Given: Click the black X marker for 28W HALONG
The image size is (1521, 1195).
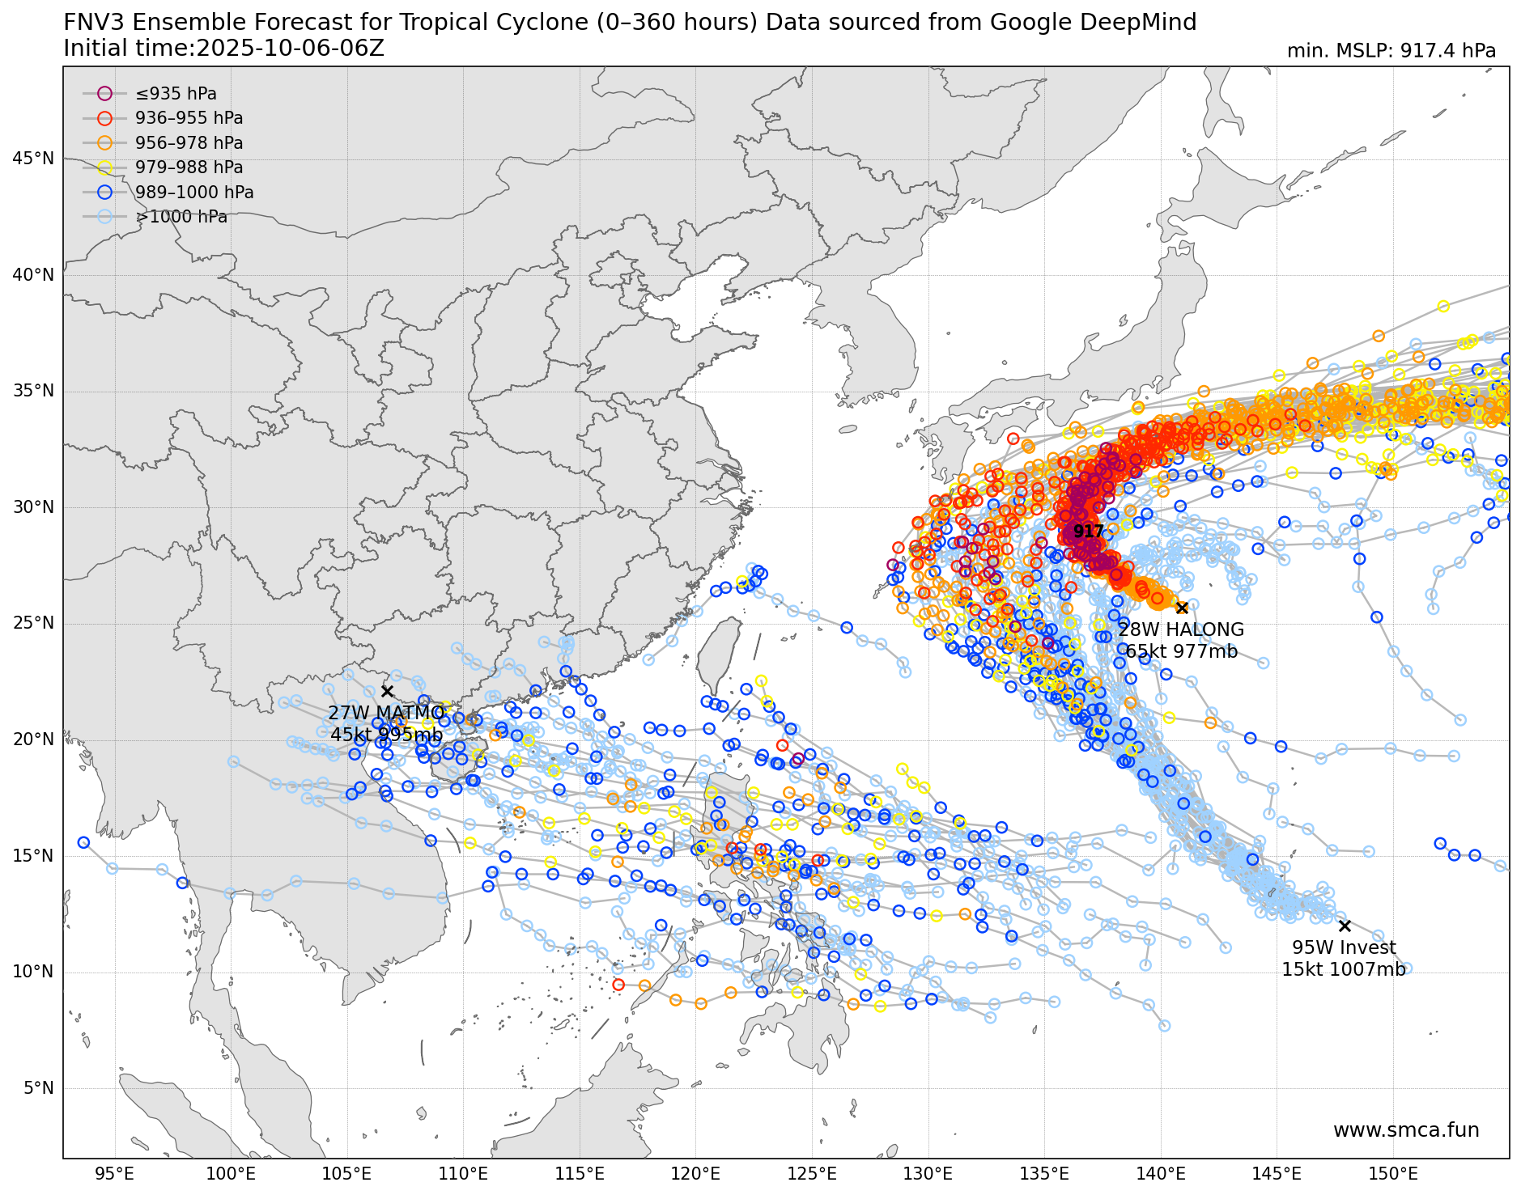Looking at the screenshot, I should pyautogui.click(x=1182, y=608).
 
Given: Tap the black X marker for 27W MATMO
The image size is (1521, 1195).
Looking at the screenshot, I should pyautogui.click(x=387, y=691).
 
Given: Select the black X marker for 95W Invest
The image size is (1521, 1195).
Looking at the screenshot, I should pyautogui.click(x=1345, y=926).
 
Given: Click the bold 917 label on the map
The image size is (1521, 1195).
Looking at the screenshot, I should pyautogui.click(x=1089, y=532).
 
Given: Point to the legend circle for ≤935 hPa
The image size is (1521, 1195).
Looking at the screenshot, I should pyautogui.click(x=104, y=94).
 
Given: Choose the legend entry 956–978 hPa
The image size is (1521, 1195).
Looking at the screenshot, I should pyautogui.click(x=189, y=143).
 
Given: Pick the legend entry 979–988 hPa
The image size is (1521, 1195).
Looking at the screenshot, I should pyautogui.click(x=189, y=167).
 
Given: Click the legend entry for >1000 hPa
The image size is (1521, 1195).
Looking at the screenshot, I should pyautogui.click(x=181, y=217).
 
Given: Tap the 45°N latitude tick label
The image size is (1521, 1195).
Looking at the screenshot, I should pyautogui.click(x=33, y=159).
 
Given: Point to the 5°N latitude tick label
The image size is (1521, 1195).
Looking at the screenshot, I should pyautogui.click(x=38, y=1088).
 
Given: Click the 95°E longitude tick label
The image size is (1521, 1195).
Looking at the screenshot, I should pyautogui.click(x=114, y=1174).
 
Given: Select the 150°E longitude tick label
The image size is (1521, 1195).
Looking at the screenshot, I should pyautogui.click(x=1393, y=1174).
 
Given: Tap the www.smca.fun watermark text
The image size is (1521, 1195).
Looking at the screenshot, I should pyautogui.click(x=1406, y=1130).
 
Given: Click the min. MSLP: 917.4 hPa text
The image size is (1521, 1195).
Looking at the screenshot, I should pyautogui.click(x=1391, y=51).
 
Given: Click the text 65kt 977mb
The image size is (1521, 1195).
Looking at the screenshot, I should pyautogui.click(x=1181, y=651).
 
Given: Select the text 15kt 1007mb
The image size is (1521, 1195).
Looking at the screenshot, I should pyautogui.click(x=1343, y=969).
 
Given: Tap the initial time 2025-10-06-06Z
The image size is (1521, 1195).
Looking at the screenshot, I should pyautogui.click(x=290, y=49).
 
